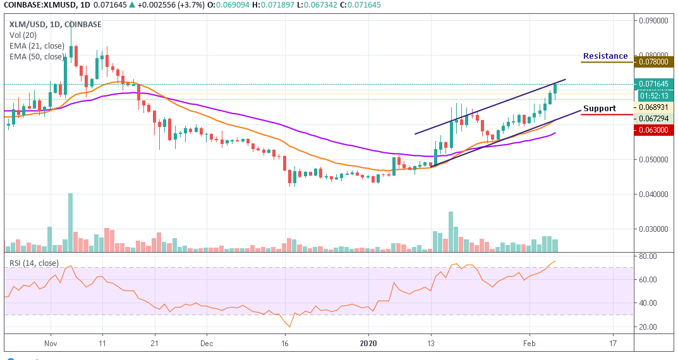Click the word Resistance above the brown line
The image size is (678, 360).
point(605,56)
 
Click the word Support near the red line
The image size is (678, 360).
point(599,109)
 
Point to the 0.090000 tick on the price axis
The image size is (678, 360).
point(653,20)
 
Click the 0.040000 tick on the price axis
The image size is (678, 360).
point(653,195)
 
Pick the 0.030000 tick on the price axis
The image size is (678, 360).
point(653,229)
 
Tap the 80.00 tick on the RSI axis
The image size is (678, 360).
point(648,256)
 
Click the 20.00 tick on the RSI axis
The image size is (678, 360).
point(648,327)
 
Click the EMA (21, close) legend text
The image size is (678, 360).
point(36,45)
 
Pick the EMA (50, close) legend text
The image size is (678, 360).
point(36,56)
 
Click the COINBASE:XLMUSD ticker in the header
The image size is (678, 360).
point(37,6)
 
